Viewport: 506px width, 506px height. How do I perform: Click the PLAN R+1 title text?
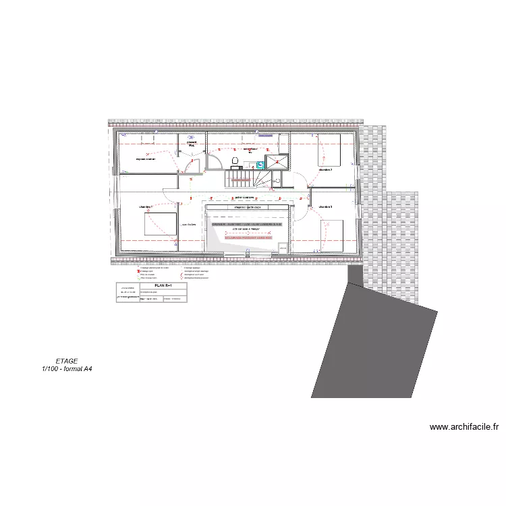pos(163,286)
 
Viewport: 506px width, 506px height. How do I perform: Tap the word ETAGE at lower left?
pos(67,361)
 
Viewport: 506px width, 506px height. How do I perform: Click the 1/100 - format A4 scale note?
pos(67,369)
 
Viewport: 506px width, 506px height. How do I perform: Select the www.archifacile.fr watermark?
pos(463,427)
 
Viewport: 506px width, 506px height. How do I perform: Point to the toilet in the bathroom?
pos(235,161)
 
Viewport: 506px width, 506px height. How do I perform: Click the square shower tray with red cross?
pos(276,161)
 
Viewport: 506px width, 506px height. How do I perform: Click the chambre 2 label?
pos(325,170)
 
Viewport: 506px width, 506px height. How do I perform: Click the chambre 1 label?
pos(146,206)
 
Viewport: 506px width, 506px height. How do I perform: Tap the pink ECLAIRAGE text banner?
pos(248,237)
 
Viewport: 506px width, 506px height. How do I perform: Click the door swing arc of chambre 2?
pos(305,179)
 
